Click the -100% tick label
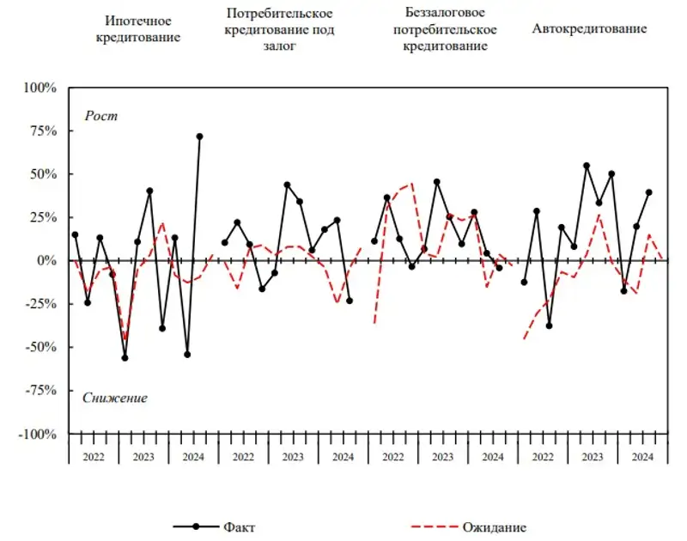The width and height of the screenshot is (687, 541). pos(37,434)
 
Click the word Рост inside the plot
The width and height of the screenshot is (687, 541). pos(100,116)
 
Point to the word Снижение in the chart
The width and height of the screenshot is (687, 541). pos(115,398)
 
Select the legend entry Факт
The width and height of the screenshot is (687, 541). pos(239,527)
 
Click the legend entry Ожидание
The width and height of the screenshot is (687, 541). pos(494,527)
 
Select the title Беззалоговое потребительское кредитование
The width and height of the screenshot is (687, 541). pos(444,29)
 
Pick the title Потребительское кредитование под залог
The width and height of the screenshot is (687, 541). pos(279,29)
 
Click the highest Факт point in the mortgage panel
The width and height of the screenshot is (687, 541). pos(199,137)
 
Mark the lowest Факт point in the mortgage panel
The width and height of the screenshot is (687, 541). pos(125,357)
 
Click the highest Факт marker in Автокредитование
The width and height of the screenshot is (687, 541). pos(587,166)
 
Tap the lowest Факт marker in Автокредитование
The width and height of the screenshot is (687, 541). pos(549,325)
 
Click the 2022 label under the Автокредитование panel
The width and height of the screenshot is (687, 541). pos(542,457)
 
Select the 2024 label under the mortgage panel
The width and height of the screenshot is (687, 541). pos(193,457)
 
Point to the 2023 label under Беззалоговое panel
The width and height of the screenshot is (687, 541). pos(443,457)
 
